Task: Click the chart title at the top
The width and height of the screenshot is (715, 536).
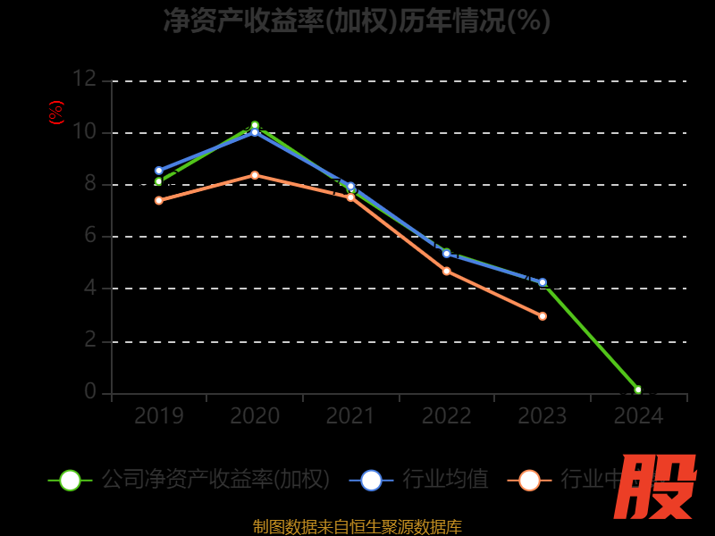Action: click(x=357, y=20)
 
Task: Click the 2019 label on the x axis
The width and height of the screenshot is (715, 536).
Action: click(x=159, y=415)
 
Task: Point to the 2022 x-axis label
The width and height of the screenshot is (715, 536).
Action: click(x=447, y=415)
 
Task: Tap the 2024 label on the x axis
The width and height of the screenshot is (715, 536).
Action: click(x=638, y=415)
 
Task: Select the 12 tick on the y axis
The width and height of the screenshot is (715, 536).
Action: click(x=84, y=80)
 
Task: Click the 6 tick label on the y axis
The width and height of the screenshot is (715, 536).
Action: click(x=89, y=236)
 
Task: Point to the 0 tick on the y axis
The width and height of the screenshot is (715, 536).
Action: click(x=89, y=391)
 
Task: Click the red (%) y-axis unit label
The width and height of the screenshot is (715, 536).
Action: click(x=56, y=113)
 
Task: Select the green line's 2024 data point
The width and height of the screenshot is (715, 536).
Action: click(x=638, y=389)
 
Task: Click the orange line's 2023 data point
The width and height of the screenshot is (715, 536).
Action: click(x=543, y=316)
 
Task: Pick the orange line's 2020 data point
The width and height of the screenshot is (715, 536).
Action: click(x=255, y=175)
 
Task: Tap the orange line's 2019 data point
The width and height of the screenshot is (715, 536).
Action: click(x=159, y=200)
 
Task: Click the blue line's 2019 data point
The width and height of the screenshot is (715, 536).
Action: click(x=159, y=171)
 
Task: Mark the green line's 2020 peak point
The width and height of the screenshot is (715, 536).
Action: click(x=255, y=125)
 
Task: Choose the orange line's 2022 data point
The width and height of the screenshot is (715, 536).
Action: click(x=447, y=271)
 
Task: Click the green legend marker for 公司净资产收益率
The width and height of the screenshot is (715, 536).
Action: click(x=70, y=480)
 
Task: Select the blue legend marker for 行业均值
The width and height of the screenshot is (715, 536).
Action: click(x=371, y=480)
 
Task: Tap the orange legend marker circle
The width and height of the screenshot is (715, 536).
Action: click(x=529, y=480)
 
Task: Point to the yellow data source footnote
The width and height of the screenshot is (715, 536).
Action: click(x=357, y=526)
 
